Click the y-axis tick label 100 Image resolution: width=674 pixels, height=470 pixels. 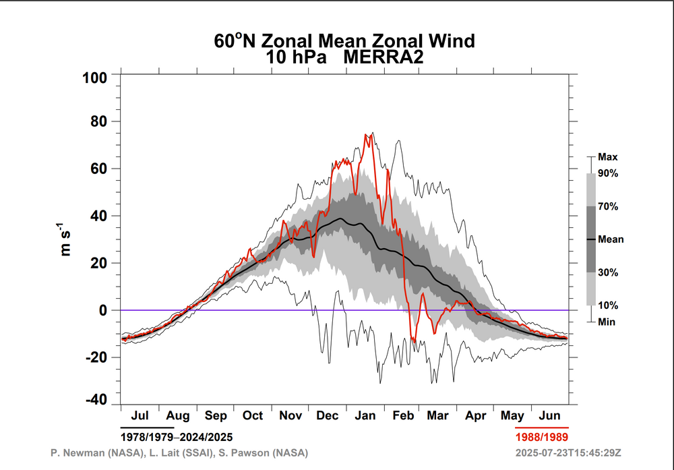coord(94,78)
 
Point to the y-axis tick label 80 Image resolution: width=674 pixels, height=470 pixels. coord(98,122)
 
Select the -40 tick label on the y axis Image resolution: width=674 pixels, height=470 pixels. coord(94,399)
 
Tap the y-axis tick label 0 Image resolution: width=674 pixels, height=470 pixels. coord(103,311)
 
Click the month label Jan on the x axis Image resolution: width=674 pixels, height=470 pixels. coord(365,416)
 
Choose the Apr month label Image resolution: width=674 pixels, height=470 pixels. coord(476,416)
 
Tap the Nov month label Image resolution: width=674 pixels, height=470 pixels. coord(290,416)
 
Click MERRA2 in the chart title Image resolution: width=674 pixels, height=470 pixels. coord(383,58)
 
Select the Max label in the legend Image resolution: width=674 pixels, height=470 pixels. coord(607,157)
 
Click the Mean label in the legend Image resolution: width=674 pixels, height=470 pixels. coord(611,239)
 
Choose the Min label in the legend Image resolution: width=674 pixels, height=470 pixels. coord(607,322)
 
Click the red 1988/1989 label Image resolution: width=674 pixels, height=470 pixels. coord(542,438)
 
